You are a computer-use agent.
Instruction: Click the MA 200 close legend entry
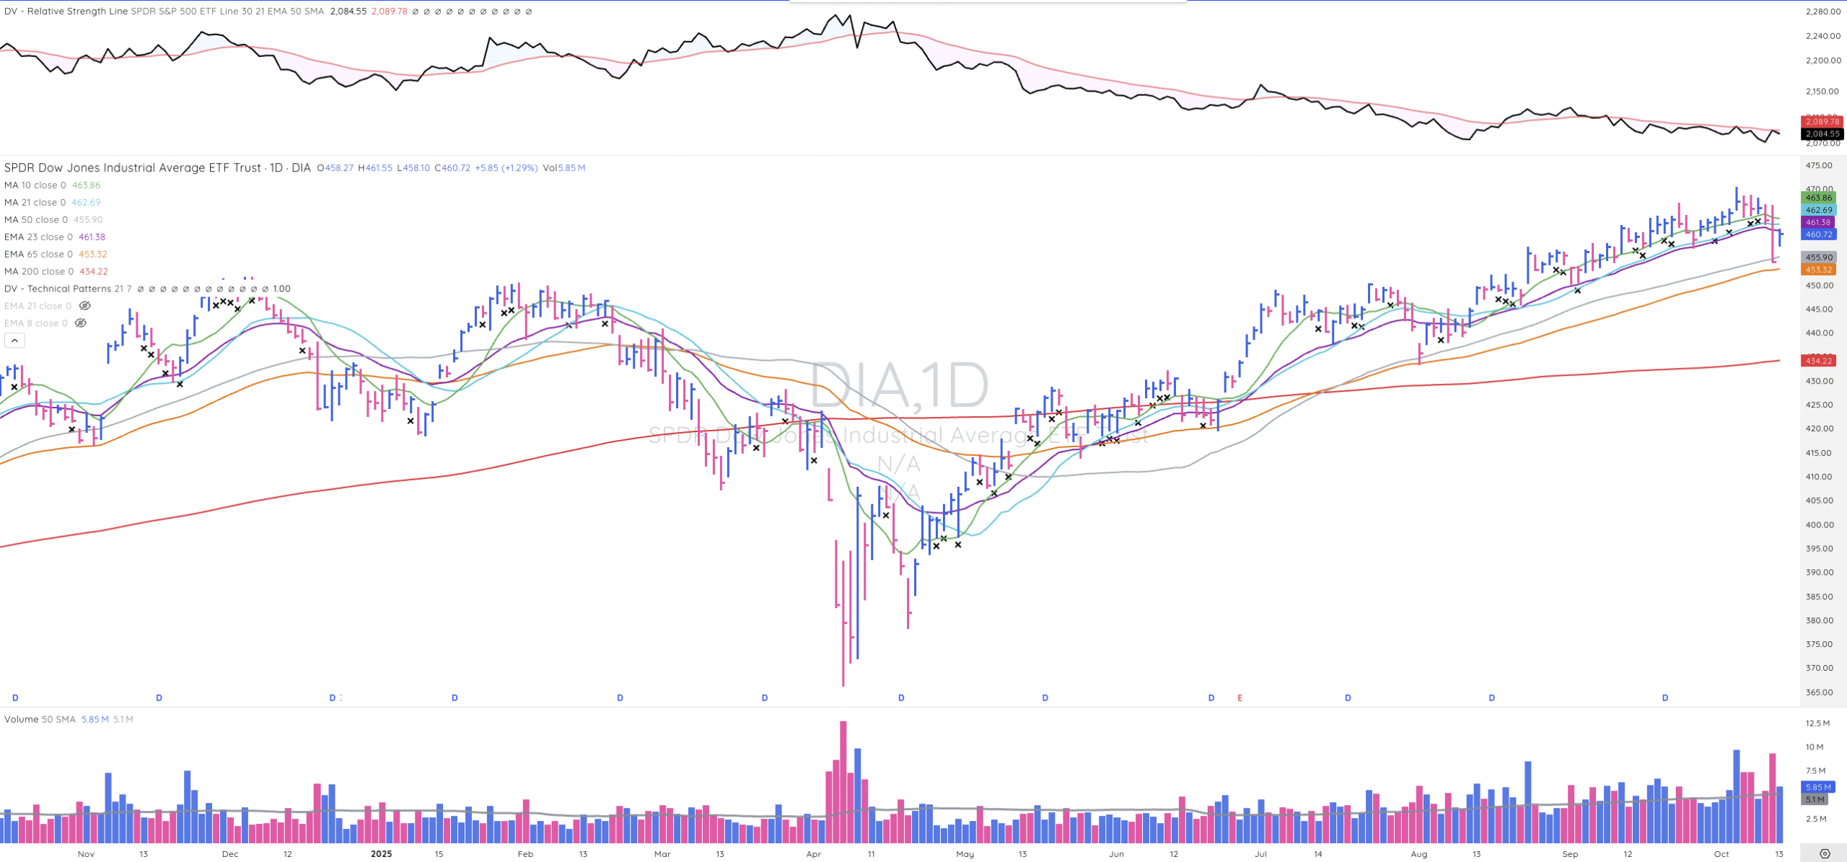point(39,271)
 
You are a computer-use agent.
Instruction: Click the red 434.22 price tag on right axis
point(1819,361)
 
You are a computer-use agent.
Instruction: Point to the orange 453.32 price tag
point(1819,270)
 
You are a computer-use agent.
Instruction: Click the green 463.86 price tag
point(1819,198)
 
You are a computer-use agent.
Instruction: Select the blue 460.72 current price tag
point(1819,234)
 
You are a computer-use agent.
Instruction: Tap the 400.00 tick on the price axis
point(1819,524)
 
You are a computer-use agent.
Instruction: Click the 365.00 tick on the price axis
point(1819,692)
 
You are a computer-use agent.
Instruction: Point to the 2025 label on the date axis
point(381,854)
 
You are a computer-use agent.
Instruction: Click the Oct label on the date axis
point(1721,854)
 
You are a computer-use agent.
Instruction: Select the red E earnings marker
point(1240,698)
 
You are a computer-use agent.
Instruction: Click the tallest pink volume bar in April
point(843,782)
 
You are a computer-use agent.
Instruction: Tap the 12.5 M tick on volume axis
point(1817,723)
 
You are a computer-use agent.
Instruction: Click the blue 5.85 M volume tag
point(1817,787)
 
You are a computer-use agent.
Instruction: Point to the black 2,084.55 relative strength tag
point(1822,134)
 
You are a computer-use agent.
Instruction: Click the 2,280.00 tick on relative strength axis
point(1822,12)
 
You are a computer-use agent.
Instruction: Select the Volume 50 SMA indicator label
point(40,719)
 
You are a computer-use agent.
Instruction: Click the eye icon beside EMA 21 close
point(84,306)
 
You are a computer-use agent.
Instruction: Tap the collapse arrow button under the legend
point(14,340)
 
